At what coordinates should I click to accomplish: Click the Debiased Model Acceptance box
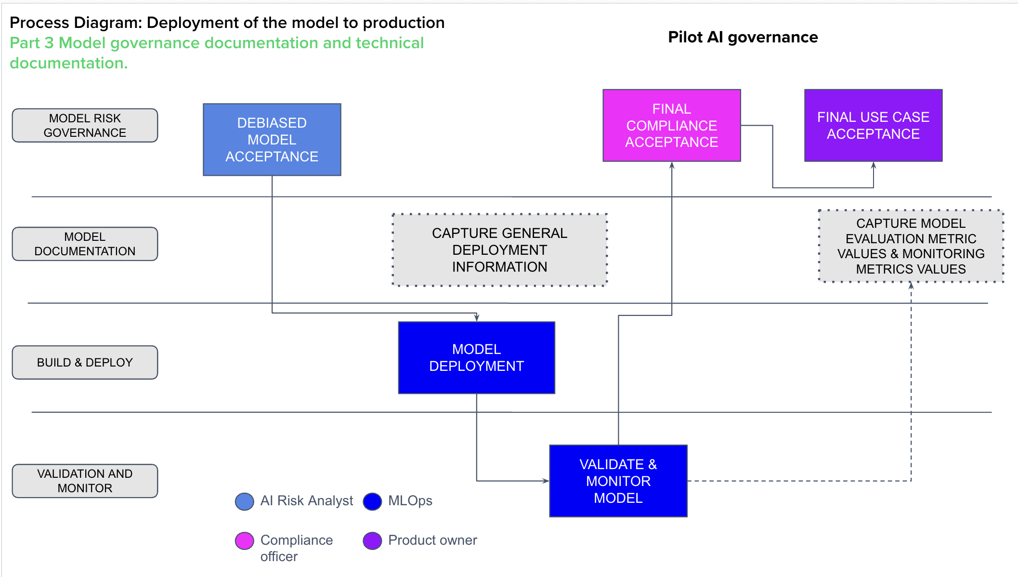[x=272, y=140]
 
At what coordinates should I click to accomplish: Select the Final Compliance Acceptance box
[x=671, y=125]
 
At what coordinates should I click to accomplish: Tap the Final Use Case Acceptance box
[x=873, y=125]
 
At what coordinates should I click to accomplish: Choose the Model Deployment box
[x=476, y=357]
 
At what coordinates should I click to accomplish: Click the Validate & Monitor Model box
[x=618, y=481]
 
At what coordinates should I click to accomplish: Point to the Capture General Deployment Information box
[x=499, y=250]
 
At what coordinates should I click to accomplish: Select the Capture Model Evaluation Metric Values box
[x=911, y=246]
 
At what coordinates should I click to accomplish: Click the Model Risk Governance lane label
[x=85, y=125]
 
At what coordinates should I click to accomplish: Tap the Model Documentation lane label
[x=85, y=244]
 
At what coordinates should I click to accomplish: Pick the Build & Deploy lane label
[x=85, y=362]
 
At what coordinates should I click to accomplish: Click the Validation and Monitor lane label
[x=85, y=481]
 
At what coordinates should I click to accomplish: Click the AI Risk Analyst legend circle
[x=244, y=501]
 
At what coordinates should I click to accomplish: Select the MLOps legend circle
[x=372, y=501]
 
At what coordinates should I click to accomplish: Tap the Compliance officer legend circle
[x=244, y=541]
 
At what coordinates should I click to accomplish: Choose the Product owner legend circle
[x=372, y=541]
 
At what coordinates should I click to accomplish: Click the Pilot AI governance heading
[x=743, y=37]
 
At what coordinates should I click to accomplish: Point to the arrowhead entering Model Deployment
[x=476, y=318]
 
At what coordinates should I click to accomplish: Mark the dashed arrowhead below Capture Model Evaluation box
[x=911, y=286]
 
